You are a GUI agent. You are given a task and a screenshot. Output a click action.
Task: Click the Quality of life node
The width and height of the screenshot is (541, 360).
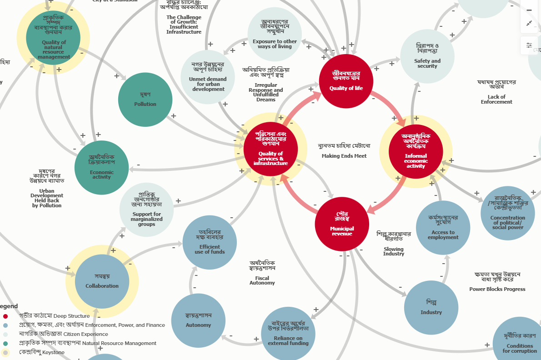346,81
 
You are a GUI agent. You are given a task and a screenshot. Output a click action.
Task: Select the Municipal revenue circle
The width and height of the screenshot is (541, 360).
342,224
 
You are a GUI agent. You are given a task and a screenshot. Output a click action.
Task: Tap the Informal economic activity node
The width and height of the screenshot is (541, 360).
416,152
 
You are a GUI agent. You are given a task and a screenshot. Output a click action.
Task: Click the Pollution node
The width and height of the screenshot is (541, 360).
145,100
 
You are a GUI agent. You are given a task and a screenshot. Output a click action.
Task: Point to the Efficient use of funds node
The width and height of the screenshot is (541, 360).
210,242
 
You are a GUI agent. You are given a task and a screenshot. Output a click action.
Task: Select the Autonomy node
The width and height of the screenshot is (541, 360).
198,320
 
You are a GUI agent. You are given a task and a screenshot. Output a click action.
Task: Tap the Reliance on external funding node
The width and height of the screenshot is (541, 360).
288,334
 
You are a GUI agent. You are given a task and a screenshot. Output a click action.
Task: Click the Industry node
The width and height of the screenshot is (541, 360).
431,308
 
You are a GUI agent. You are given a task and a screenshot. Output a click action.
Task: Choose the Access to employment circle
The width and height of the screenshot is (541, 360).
443,228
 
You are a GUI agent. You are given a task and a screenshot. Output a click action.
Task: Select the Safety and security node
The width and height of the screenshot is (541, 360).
427,56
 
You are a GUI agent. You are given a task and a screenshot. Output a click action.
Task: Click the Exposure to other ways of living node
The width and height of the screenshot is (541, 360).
275,34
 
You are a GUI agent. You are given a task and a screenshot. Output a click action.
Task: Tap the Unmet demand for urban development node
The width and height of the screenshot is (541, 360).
208,77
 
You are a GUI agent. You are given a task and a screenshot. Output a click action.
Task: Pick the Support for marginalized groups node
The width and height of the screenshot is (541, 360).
146,210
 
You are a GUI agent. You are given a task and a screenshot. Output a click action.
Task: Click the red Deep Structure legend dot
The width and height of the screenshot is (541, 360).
5,316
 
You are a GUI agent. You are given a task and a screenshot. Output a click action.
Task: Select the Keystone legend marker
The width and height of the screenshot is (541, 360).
5,352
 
